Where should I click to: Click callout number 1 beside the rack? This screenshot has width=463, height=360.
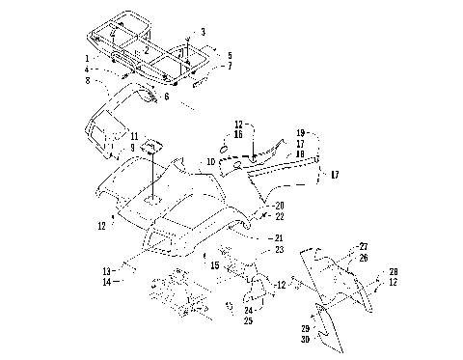pyautogui.click(x=86, y=58)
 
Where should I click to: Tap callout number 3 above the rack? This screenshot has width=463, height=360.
pyautogui.click(x=203, y=32)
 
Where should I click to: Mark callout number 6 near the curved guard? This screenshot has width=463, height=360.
pyautogui.click(x=166, y=97)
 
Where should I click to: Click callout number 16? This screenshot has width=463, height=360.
pyautogui.click(x=238, y=134)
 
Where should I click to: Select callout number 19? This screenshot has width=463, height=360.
pyautogui.click(x=301, y=132)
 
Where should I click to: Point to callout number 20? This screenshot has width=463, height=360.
pyautogui.click(x=280, y=206)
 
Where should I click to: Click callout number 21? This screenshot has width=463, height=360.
pyautogui.click(x=280, y=237)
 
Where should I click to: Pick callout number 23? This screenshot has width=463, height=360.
pyautogui.click(x=280, y=250)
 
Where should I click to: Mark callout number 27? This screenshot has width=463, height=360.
pyautogui.click(x=364, y=246)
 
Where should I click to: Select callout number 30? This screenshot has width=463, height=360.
pyautogui.click(x=305, y=339)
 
